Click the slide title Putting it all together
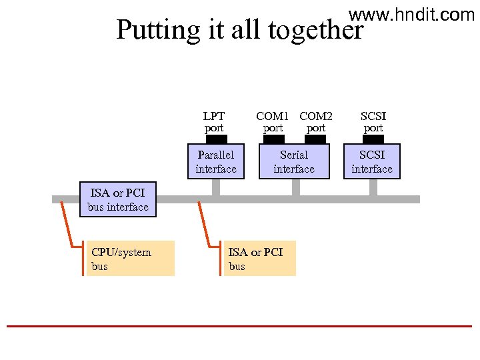240,30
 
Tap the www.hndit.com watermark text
411,14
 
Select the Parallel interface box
216,162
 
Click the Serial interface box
294,162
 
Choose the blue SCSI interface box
372,162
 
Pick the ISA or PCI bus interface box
118,200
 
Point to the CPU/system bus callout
131,259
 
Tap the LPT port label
214,121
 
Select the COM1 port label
273,121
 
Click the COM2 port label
316,121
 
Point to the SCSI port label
373,121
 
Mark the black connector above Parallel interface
216,139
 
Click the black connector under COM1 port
273,139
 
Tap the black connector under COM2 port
315,139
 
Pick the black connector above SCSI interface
373,139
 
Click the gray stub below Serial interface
295,187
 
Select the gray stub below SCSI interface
373,187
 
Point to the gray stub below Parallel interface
216,187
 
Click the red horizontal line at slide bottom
240,326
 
